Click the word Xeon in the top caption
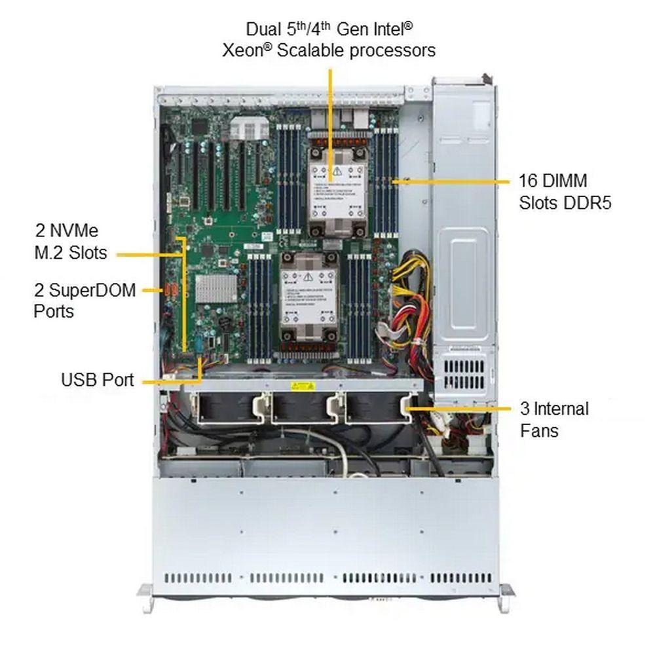pos(245,50)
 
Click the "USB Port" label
pos(97,379)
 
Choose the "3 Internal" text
pos(554,409)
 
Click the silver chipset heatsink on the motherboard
pos(216,288)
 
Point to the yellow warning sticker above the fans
pos(303,385)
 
